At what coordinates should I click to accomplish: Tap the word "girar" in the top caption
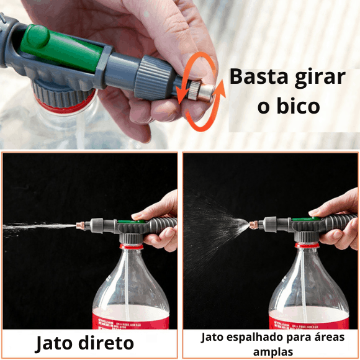318,78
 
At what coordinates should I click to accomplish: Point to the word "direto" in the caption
112,343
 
